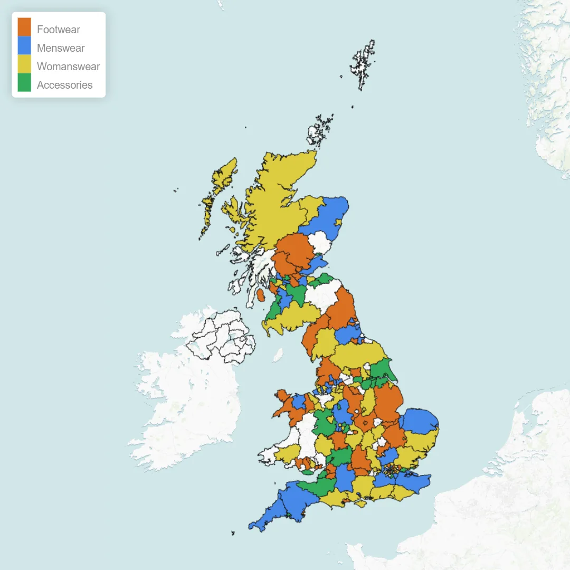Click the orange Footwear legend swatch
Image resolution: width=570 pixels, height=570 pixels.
(x=24, y=27)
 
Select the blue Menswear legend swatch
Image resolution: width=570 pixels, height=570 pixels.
(x=24, y=45)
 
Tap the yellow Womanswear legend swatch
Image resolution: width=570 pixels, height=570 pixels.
(x=24, y=64)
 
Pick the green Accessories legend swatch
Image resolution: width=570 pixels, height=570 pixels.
(x=24, y=82)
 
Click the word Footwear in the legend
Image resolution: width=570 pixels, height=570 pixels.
(x=58, y=30)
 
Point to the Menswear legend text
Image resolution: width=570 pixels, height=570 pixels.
(x=61, y=48)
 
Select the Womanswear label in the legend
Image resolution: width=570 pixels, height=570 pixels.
(x=68, y=66)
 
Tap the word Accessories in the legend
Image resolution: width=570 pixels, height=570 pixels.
(x=64, y=85)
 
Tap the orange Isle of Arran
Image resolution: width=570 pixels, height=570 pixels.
(x=261, y=295)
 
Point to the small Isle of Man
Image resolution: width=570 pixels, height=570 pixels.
(x=278, y=355)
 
